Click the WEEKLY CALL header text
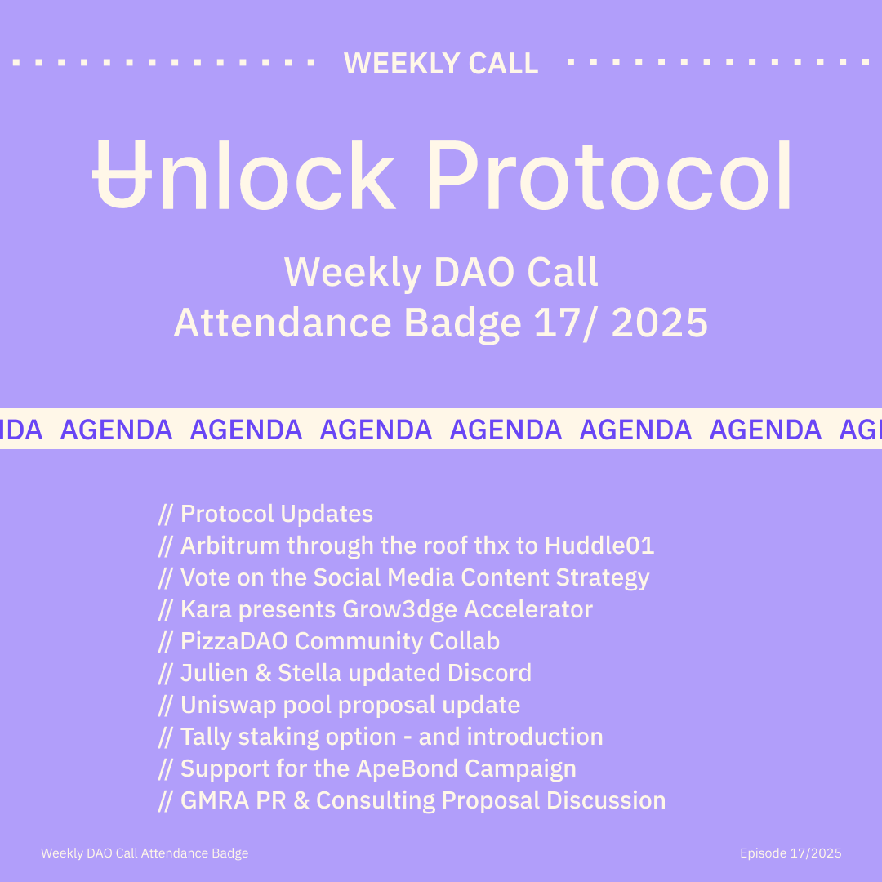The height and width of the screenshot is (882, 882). (x=441, y=63)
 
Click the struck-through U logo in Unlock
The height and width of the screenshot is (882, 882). (x=122, y=175)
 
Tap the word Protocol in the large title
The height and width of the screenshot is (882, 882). (x=609, y=176)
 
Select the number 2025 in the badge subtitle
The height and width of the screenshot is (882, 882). (x=659, y=323)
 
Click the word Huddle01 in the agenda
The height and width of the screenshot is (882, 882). (x=599, y=545)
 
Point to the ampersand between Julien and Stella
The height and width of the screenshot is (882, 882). (x=263, y=673)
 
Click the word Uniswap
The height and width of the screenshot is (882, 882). (x=228, y=705)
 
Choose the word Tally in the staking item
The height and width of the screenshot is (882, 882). (x=206, y=737)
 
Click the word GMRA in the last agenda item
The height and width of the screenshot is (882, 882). (x=215, y=800)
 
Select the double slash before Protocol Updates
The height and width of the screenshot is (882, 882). (x=165, y=514)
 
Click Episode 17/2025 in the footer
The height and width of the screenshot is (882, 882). (x=791, y=853)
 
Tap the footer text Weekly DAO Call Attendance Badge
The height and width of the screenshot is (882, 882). (x=145, y=853)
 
